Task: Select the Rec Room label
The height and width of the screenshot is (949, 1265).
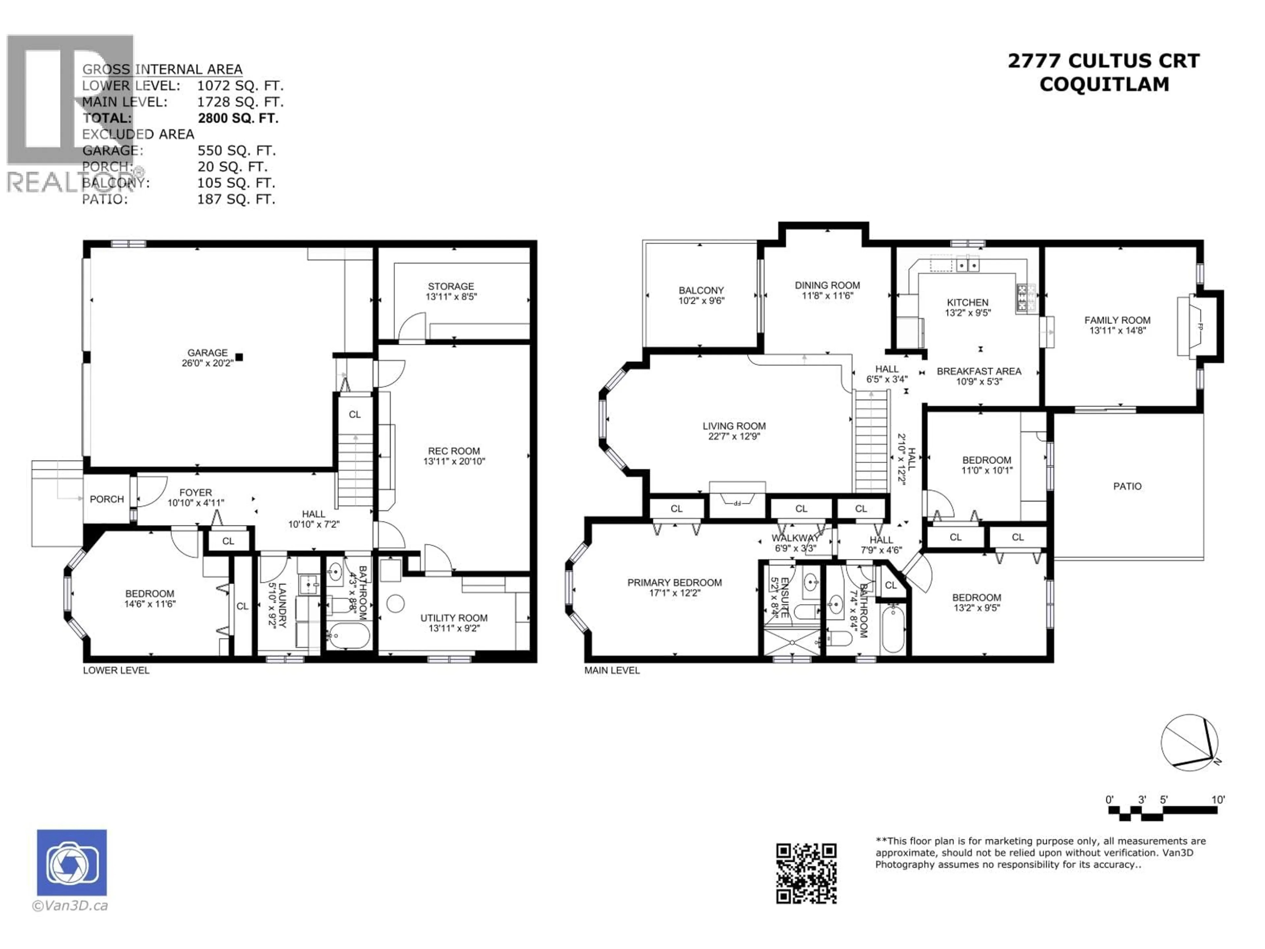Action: click(454, 451)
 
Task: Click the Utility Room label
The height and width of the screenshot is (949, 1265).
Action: click(454, 618)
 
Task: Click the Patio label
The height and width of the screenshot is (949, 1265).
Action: click(1127, 486)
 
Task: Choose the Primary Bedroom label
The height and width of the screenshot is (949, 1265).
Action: click(674, 582)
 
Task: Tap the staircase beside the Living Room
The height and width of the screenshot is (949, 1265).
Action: click(871, 441)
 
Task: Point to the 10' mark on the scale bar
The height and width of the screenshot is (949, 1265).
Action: click(1218, 800)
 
